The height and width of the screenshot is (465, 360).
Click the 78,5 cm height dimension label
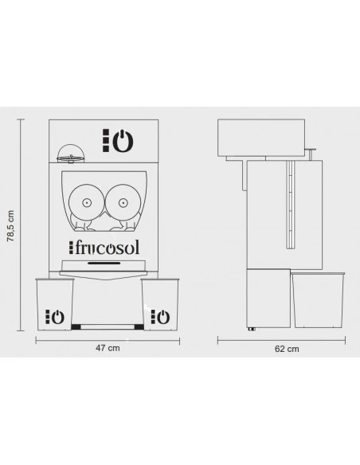pos(10,226)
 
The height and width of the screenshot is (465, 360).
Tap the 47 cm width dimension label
pos(108,348)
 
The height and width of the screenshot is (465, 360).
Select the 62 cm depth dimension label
pos(287,349)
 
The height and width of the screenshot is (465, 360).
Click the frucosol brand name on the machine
pos(104,248)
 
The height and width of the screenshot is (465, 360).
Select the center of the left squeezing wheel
pos(86,203)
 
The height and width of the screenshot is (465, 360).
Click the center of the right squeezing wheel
pos(123,203)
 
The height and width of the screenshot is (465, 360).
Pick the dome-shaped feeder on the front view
pos(68,154)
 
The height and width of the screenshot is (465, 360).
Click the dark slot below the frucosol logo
pos(104,263)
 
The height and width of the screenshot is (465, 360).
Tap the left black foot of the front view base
pos(76,327)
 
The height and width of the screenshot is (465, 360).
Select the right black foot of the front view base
pos(139,327)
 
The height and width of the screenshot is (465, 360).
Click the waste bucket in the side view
pos(318,300)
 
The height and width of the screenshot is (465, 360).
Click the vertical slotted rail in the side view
pos(290,205)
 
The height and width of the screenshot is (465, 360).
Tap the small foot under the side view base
pos(252,329)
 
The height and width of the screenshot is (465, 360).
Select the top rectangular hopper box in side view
pos(261,138)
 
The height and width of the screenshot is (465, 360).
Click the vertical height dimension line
pos(21,225)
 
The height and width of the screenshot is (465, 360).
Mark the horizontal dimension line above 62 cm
pos(281,341)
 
